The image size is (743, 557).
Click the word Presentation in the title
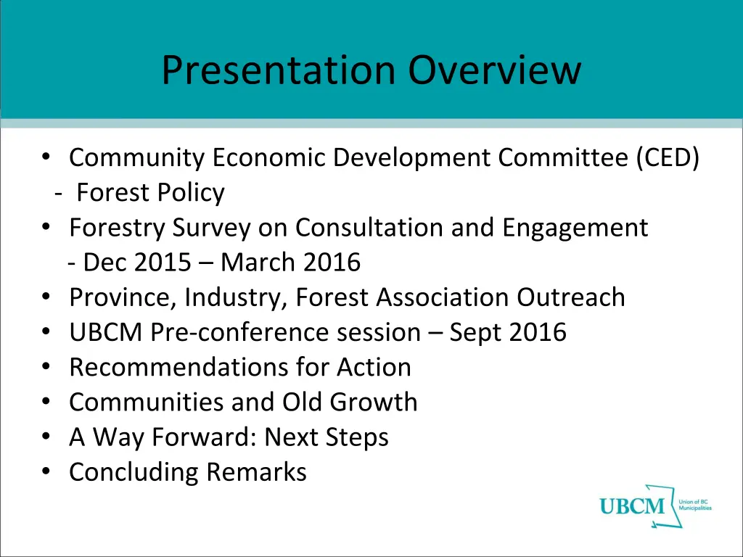tap(279, 70)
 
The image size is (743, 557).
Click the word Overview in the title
tap(494, 70)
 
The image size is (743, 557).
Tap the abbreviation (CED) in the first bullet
tap(668, 157)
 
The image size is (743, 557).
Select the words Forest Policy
tap(150, 193)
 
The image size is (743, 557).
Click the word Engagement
tap(574, 228)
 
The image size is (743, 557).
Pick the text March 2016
tap(290, 262)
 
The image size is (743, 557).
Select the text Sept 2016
tap(508, 332)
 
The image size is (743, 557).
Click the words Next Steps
tap(327, 437)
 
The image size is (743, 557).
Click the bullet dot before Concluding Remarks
tap(46, 472)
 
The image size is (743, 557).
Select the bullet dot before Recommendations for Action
tap(46, 367)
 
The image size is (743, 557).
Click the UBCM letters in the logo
tap(632, 506)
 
